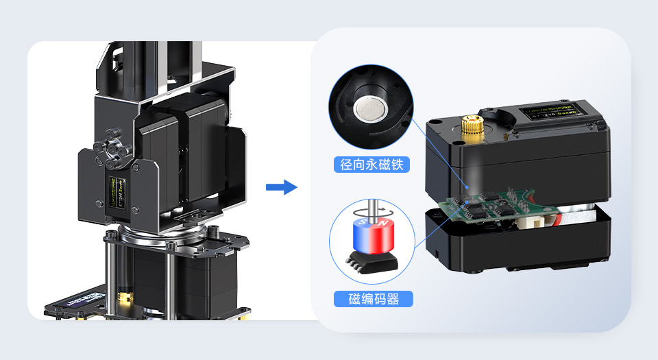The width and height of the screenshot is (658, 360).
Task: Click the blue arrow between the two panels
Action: coord(281,187)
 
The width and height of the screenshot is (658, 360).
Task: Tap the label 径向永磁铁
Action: coord(371,165)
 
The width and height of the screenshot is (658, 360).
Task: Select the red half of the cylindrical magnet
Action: coord(382,237)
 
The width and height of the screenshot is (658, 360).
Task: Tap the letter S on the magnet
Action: coord(363,223)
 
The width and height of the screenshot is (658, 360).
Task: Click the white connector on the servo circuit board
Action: coord(533,220)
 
